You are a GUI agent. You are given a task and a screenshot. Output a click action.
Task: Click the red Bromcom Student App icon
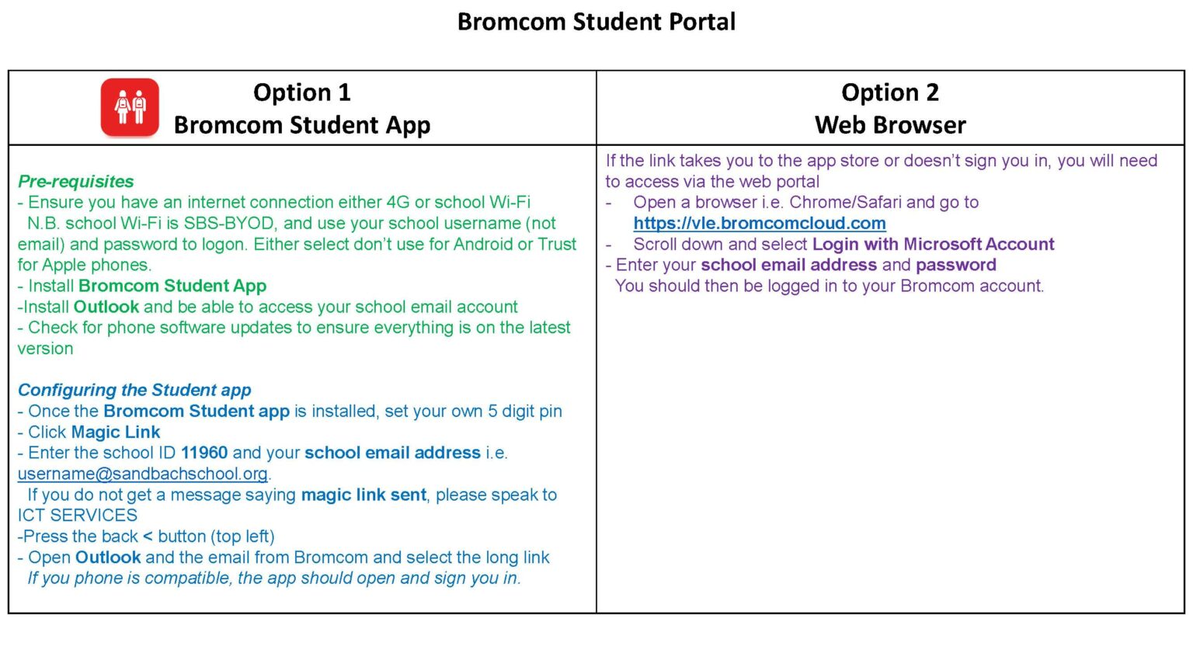tap(130, 107)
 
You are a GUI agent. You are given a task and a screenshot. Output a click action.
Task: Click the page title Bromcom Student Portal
tap(596, 22)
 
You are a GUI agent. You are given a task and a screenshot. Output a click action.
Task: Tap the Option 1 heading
tap(301, 92)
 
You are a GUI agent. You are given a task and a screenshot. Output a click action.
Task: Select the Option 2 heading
tap(889, 92)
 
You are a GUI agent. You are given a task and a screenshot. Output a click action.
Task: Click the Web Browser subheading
tap(890, 125)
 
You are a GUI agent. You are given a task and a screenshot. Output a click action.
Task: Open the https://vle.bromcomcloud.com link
tap(759, 224)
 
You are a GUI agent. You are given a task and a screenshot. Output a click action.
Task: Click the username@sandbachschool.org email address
tap(142, 474)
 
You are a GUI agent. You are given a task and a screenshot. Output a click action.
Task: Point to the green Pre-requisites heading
tap(75, 182)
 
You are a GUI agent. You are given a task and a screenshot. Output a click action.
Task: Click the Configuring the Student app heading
tap(134, 390)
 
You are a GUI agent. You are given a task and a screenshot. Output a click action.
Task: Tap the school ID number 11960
tap(204, 453)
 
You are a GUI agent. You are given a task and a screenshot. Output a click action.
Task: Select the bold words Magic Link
tap(116, 432)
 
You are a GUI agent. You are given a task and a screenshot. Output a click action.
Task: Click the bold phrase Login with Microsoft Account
tap(933, 245)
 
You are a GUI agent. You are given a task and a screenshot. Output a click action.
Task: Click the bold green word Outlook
tap(106, 307)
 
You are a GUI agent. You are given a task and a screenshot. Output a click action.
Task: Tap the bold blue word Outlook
tap(108, 558)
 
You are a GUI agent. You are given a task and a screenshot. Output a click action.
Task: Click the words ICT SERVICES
tap(78, 516)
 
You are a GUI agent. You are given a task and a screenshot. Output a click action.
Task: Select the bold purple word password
tap(955, 266)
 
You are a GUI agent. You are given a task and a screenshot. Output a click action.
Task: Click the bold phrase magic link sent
tap(363, 495)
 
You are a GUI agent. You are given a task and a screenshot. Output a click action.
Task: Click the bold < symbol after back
tap(148, 537)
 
